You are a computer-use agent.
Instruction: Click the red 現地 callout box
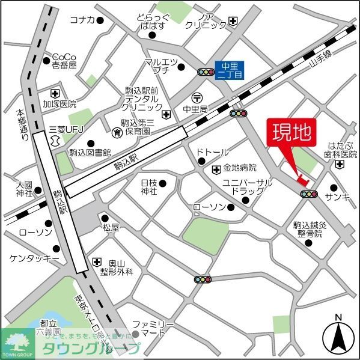[291, 133]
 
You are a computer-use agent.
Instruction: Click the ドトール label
[213, 153]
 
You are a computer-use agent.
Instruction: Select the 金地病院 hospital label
[240, 168]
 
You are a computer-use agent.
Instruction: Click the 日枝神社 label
[148, 186]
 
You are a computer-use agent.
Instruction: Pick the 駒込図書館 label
[90, 153]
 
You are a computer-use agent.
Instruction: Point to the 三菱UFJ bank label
[64, 129]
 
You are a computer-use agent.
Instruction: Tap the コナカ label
[82, 20]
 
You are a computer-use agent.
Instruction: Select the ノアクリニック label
[206, 20]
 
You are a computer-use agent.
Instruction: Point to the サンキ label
[337, 196]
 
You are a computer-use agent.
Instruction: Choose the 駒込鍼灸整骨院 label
[308, 229]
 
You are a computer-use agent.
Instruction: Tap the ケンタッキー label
[34, 258]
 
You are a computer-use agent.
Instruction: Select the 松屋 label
[111, 228]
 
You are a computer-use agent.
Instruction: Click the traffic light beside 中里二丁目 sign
[206, 72]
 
